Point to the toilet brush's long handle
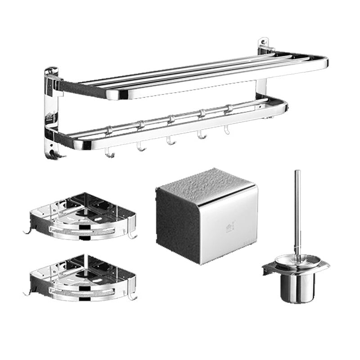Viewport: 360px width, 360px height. click(297, 211)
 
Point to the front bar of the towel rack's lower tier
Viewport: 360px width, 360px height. click(180, 126)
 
